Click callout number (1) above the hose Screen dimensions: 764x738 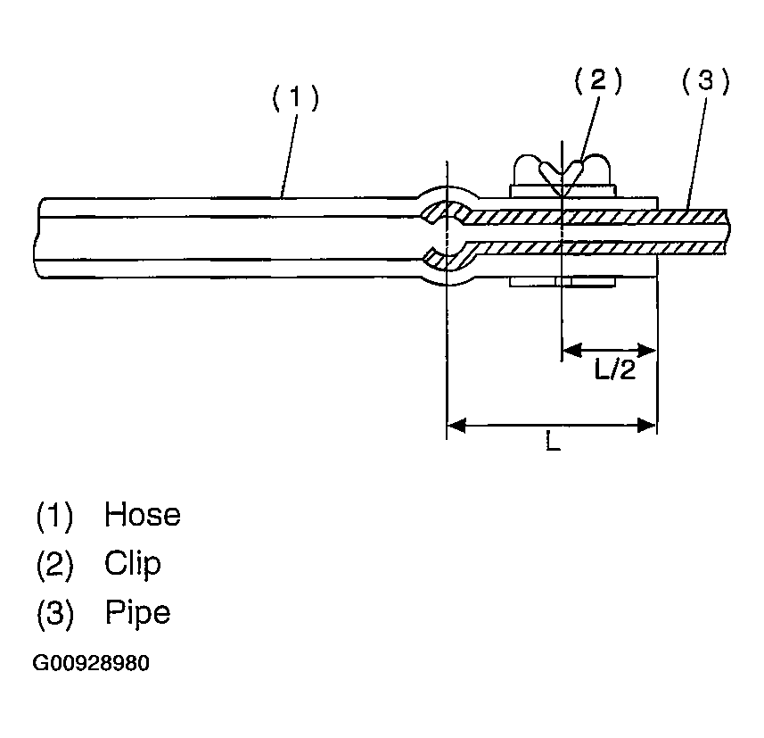[295, 97]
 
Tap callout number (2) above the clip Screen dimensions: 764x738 [598, 80]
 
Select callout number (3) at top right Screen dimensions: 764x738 [705, 80]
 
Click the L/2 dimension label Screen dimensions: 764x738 [615, 369]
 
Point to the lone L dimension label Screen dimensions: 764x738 [553, 441]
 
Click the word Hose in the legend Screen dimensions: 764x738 [143, 514]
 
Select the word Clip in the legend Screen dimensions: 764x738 [133, 564]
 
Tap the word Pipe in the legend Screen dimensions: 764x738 [138, 613]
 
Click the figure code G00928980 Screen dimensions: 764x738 [91, 663]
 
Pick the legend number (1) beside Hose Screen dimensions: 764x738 [54, 516]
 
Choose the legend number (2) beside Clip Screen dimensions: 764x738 [54, 565]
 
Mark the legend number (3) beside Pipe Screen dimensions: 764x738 [55, 614]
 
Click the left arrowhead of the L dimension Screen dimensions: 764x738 [456, 425]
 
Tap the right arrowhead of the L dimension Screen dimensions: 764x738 [647, 425]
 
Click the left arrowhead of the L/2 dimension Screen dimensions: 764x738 [572, 350]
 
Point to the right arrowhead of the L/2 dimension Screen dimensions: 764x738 [646, 350]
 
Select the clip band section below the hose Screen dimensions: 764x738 [563, 282]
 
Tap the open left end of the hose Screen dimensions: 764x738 [38, 238]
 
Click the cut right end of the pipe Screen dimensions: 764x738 [727, 231]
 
